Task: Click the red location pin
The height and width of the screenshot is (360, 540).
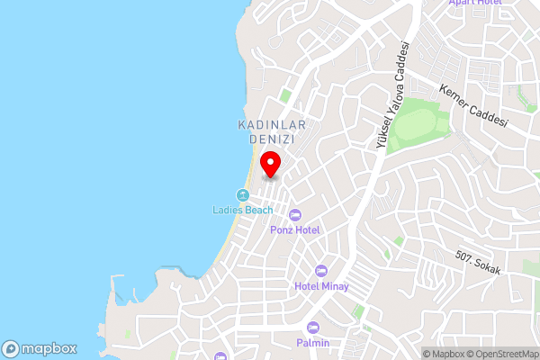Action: click(x=271, y=165)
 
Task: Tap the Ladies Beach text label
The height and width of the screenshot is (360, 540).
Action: click(x=242, y=211)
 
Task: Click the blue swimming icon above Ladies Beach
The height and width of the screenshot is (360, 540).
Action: click(x=242, y=195)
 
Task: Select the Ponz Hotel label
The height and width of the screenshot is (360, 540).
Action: click(x=295, y=229)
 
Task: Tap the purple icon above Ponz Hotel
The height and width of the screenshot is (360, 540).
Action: click(x=295, y=214)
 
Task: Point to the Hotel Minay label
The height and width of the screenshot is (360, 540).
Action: click(x=321, y=286)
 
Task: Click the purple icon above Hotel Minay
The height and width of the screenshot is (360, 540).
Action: click(x=321, y=271)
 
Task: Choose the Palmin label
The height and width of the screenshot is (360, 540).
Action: click(x=313, y=343)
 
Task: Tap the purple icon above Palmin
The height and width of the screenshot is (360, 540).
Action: click(x=313, y=328)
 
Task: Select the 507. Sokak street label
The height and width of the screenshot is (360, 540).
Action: click(x=477, y=262)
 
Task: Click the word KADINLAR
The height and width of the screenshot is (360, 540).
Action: click(x=273, y=125)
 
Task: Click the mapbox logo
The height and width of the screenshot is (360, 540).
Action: click(x=39, y=349)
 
